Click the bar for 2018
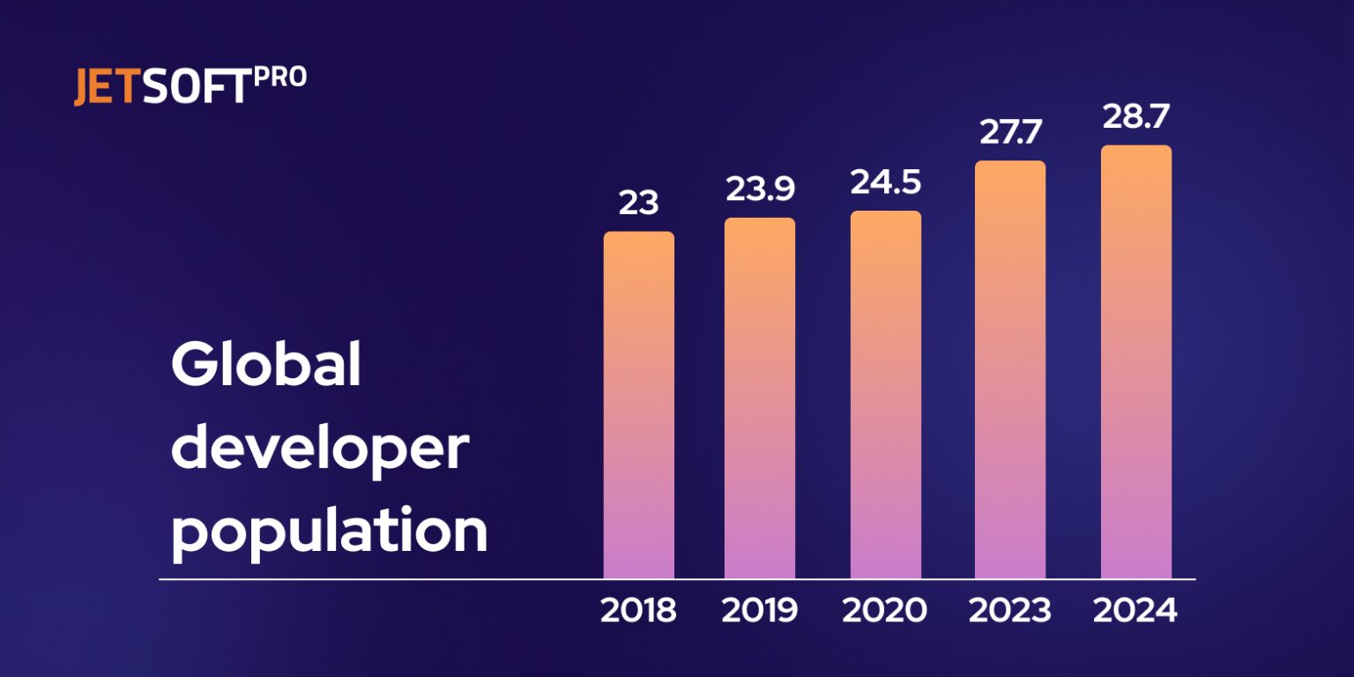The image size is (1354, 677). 638,405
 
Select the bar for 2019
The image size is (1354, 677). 759,398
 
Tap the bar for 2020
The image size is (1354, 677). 885,395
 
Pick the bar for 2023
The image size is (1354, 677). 1010,370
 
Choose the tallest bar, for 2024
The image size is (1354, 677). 1135,362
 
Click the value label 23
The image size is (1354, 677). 638,204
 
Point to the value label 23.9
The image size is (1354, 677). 760,190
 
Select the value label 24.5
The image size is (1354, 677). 885,182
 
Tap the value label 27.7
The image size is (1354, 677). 1010,133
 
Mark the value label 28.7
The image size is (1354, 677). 1135,117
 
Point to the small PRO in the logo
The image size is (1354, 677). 280,78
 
